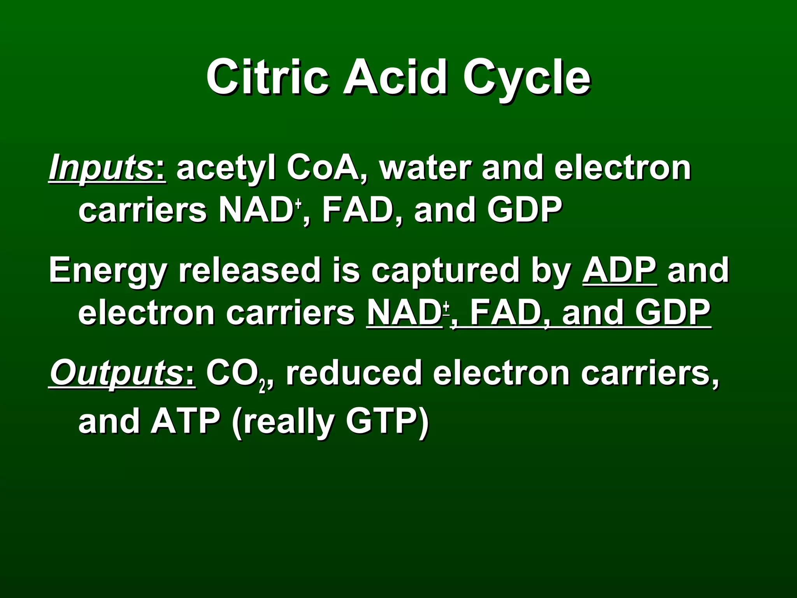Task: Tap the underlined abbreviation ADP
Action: tap(619, 271)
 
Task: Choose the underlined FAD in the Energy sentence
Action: tap(506, 313)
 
